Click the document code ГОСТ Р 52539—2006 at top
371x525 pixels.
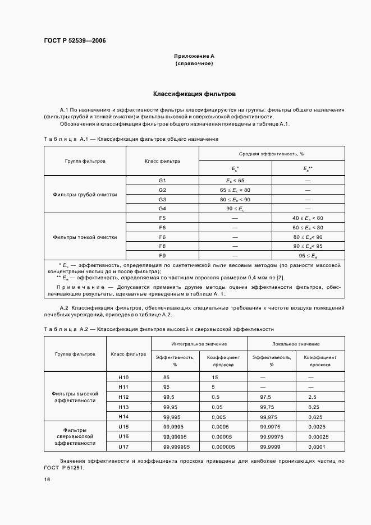pos(75,40)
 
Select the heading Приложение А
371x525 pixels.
pos(194,56)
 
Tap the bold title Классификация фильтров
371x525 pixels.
pos(194,94)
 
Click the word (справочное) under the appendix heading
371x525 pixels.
pos(194,64)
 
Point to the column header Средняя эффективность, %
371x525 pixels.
pos(272,153)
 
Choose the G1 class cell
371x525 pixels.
pos(163,181)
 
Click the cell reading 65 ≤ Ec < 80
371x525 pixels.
pos(235,190)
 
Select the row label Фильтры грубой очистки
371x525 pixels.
pos(85,195)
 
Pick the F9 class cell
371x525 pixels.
pos(163,255)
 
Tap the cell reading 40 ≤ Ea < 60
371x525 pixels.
pos(308,218)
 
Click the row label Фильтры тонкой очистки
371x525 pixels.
pos(85,237)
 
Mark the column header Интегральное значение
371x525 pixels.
pos(199,343)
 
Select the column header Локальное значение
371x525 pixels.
pos(296,343)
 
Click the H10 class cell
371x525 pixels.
pos(124,377)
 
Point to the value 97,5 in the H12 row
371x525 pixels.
pos(261,397)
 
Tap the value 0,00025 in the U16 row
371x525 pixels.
pos(322,436)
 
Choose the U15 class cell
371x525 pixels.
pos(124,426)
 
